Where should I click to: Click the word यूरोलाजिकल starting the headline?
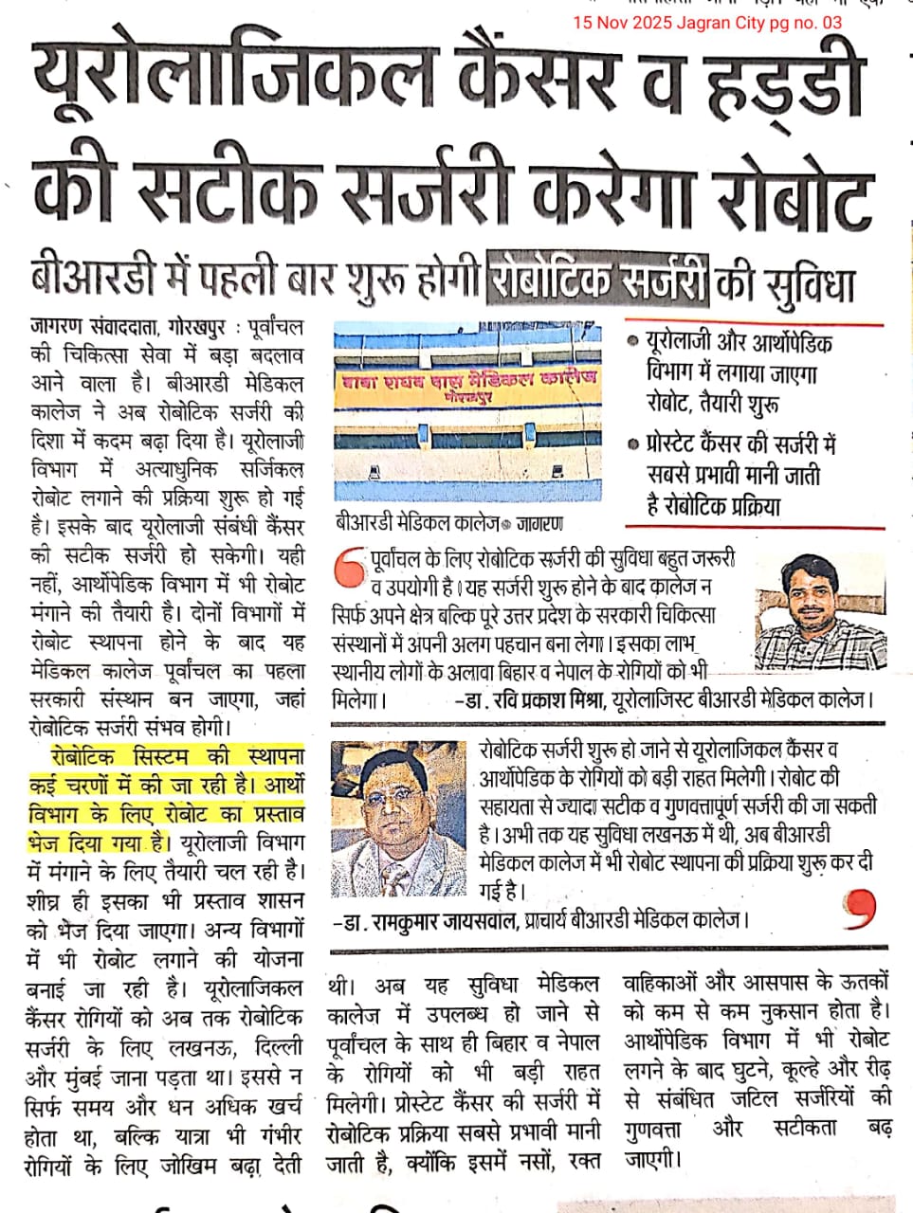tap(223, 80)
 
